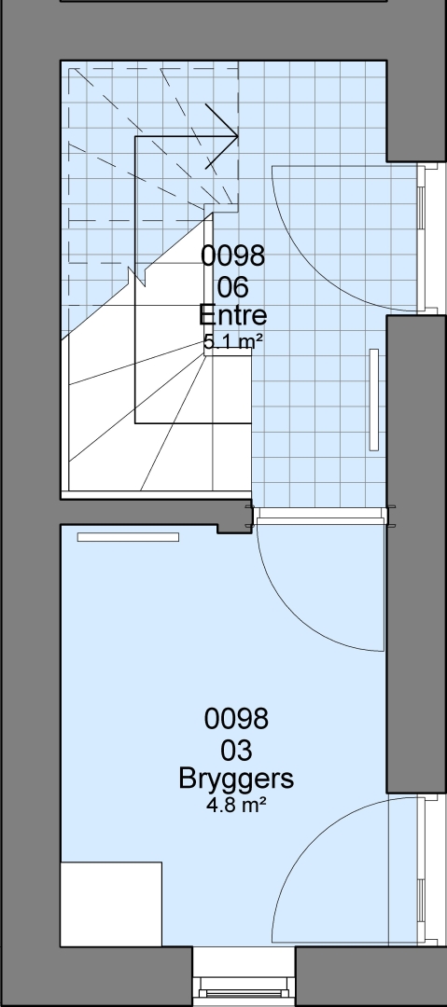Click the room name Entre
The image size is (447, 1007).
[232, 315]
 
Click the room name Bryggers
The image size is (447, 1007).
[236, 779]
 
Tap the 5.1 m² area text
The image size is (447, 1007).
[232, 342]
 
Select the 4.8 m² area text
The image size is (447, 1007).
[236, 806]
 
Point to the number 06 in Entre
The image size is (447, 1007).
[232, 287]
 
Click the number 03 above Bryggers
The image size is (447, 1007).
[236, 750]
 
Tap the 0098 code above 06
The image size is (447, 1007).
[232, 255]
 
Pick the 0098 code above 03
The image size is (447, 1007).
[236, 719]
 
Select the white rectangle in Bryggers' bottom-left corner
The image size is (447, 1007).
[111, 904]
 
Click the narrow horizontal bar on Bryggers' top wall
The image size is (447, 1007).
[128, 537]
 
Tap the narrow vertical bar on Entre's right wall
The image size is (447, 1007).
[373, 399]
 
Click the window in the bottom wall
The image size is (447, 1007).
[244, 986]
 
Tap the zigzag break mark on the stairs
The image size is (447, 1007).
[137, 278]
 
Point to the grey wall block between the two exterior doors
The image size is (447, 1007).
[416, 554]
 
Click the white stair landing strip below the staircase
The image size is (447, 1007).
[156, 495]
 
